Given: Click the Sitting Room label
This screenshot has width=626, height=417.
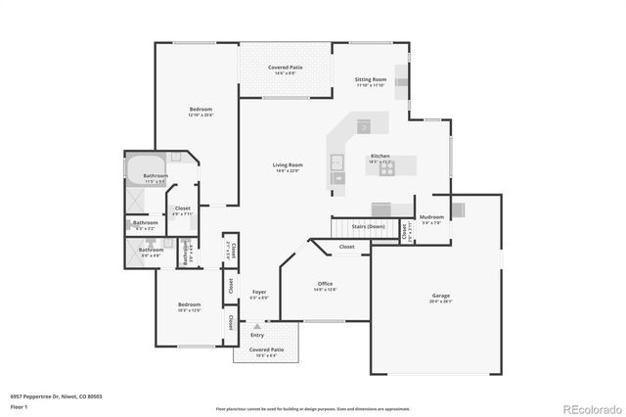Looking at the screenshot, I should click(371, 81).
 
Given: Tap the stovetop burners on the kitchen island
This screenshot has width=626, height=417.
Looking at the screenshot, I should click(386, 167).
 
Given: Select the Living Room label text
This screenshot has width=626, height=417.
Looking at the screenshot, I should click(287, 167).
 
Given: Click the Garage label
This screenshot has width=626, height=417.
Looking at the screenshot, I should click(441, 298).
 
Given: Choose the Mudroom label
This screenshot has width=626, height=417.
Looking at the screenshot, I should click(431, 218).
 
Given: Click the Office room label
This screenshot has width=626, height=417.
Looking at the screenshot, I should click(325, 286).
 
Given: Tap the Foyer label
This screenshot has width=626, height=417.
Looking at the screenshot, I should click(259, 294).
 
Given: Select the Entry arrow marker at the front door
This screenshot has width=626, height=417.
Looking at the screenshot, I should click(256, 326).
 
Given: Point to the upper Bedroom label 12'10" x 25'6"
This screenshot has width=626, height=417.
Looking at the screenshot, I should click(201, 112).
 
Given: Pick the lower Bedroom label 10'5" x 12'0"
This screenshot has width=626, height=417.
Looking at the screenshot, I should click(190, 306).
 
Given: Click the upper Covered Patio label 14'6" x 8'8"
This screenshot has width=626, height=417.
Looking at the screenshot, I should click(286, 69).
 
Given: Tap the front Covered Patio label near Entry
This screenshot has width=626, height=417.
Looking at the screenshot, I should click(266, 351).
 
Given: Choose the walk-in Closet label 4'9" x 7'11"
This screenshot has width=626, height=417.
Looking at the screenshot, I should click(183, 210).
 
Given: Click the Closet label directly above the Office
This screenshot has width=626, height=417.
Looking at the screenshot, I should click(347, 247).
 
